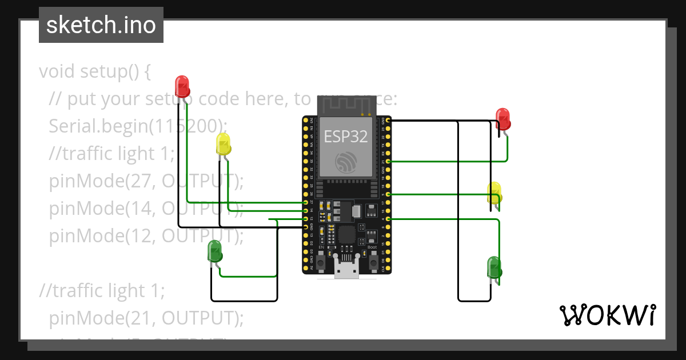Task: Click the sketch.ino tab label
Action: point(101,25)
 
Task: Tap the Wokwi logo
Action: point(607,315)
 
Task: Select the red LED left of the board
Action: point(182,86)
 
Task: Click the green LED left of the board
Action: point(214,251)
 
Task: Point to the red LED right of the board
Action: point(503,118)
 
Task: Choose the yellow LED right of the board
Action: point(494,192)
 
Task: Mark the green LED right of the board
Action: point(494,267)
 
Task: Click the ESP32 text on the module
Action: point(346,136)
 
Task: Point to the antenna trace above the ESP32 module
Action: point(346,105)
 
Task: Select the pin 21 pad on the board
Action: point(388,162)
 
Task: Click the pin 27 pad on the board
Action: point(306,202)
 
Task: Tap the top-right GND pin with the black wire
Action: point(388,121)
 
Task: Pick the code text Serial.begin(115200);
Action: point(138,126)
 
